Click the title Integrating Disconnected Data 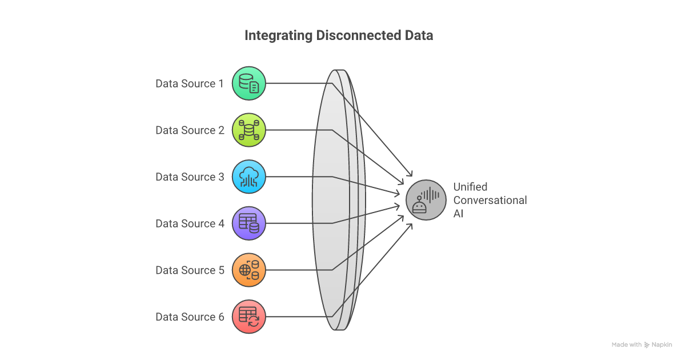tap(339, 35)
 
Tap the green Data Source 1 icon tap(249, 83)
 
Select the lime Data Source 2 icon tap(249, 130)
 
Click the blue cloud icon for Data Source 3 tap(249, 177)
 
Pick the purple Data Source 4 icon tap(249, 223)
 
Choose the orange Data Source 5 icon tap(249, 270)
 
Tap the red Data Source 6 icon tap(249, 317)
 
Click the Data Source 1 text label tap(190, 84)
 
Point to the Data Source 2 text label tap(190, 130)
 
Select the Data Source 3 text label tap(190, 177)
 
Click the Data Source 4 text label tap(190, 224)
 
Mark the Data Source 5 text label tap(190, 270)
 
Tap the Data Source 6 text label tap(190, 317)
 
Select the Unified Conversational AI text tap(490, 201)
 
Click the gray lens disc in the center tap(337, 200)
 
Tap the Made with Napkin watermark tap(641, 345)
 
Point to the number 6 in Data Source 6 tap(221, 317)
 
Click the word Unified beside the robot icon tap(470, 187)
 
